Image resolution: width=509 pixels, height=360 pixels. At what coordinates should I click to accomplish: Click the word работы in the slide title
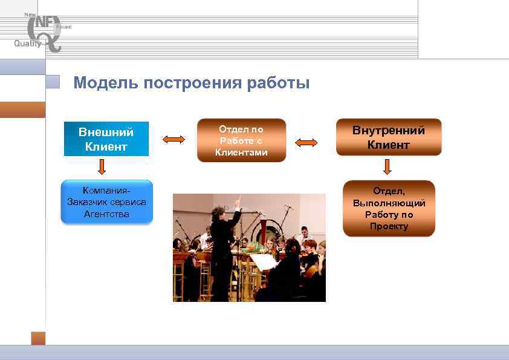(x=278, y=83)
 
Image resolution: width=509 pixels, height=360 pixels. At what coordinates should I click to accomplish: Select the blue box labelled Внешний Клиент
(x=106, y=139)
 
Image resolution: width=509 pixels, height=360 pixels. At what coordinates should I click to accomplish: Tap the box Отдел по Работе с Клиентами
(x=241, y=140)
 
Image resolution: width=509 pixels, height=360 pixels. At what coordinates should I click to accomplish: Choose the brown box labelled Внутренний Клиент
(x=389, y=137)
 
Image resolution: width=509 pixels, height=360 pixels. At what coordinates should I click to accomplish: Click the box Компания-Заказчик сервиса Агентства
(x=107, y=202)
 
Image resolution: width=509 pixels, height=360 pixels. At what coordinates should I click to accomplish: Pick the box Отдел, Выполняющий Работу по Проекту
(x=389, y=208)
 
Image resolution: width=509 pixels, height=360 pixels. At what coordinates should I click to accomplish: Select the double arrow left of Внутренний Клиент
(x=306, y=143)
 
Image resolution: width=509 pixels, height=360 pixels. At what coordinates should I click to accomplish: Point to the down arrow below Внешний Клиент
(x=102, y=167)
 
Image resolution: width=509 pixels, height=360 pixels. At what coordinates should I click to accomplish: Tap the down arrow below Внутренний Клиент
(x=387, y=167)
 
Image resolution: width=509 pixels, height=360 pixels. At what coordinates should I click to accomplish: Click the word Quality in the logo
(x=28, y=43)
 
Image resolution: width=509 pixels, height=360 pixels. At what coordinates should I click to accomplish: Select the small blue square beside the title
(x=54, y=82)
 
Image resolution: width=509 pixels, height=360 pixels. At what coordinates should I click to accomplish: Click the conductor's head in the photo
(x=218, y=212)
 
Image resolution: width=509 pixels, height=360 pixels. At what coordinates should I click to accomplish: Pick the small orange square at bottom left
(x=38, y=338)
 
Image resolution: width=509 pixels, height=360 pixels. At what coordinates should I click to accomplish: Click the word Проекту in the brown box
(x=389, y=226)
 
